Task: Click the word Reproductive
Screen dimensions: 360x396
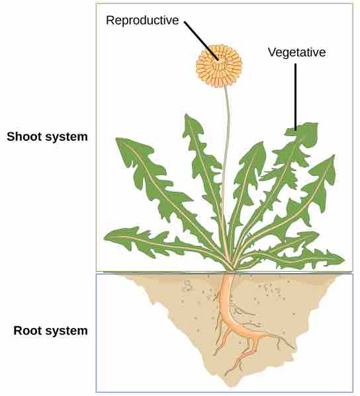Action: pos(142,20)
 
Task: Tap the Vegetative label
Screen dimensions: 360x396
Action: pos(296,52)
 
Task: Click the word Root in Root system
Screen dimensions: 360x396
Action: pos(28,331)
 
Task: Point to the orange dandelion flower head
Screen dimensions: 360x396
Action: pos(219,66)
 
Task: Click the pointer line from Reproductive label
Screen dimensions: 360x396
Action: pos(202,41)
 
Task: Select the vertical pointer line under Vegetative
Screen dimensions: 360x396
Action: pos(296,97)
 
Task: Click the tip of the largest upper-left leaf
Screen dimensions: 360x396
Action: pos(116,138)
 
